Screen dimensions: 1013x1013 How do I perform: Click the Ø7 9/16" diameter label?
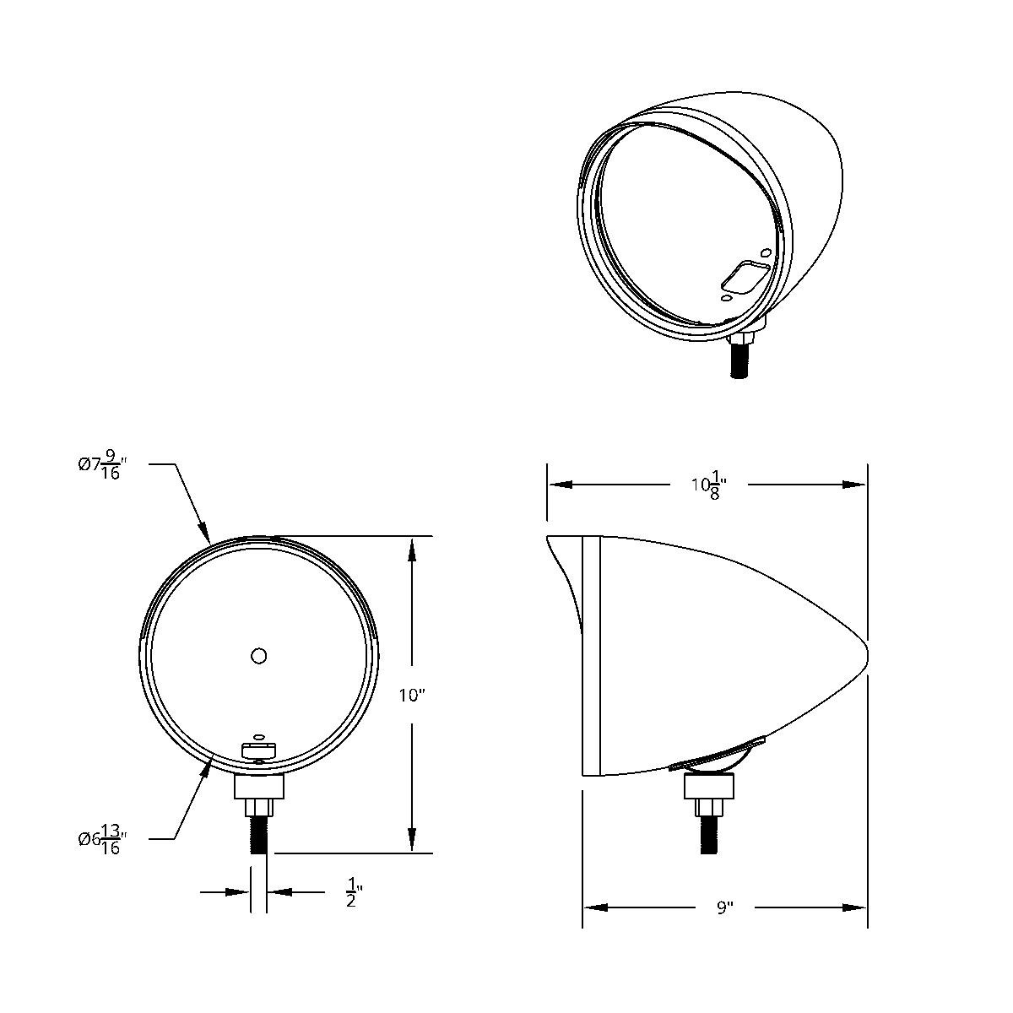(x=102, y=465)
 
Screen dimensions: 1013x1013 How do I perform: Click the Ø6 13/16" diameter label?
(x=102, y=840)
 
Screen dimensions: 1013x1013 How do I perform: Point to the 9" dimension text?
(x=724, y=908)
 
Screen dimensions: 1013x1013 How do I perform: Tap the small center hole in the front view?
(x=259, y=655)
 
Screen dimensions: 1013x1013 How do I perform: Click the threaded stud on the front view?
(x=259, y=836)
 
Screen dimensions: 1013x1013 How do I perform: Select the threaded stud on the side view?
(x=707, y=836)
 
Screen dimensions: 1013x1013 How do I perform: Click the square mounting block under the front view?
(x=259, y=787)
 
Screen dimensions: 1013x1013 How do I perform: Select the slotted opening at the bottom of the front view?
(x=259, y=750)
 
